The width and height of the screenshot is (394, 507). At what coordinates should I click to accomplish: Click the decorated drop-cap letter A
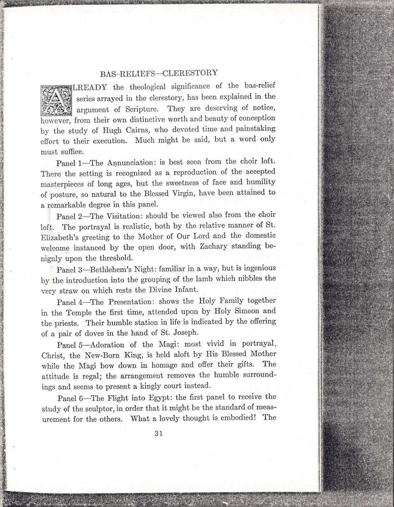click(56, 100)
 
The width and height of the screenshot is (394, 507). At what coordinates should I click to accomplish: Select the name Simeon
click(247, 311)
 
